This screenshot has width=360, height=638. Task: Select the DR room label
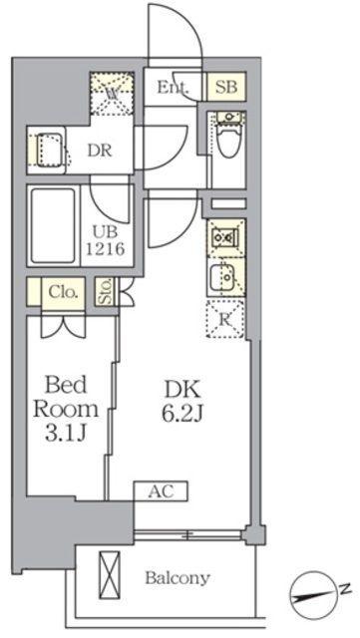coord(98,152)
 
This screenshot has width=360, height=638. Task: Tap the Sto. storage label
coord(106,292)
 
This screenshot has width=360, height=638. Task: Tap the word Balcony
coord(178,578)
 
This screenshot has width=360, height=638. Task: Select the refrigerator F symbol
coord(225,319)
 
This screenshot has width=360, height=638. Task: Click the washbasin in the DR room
coord(47,150)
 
